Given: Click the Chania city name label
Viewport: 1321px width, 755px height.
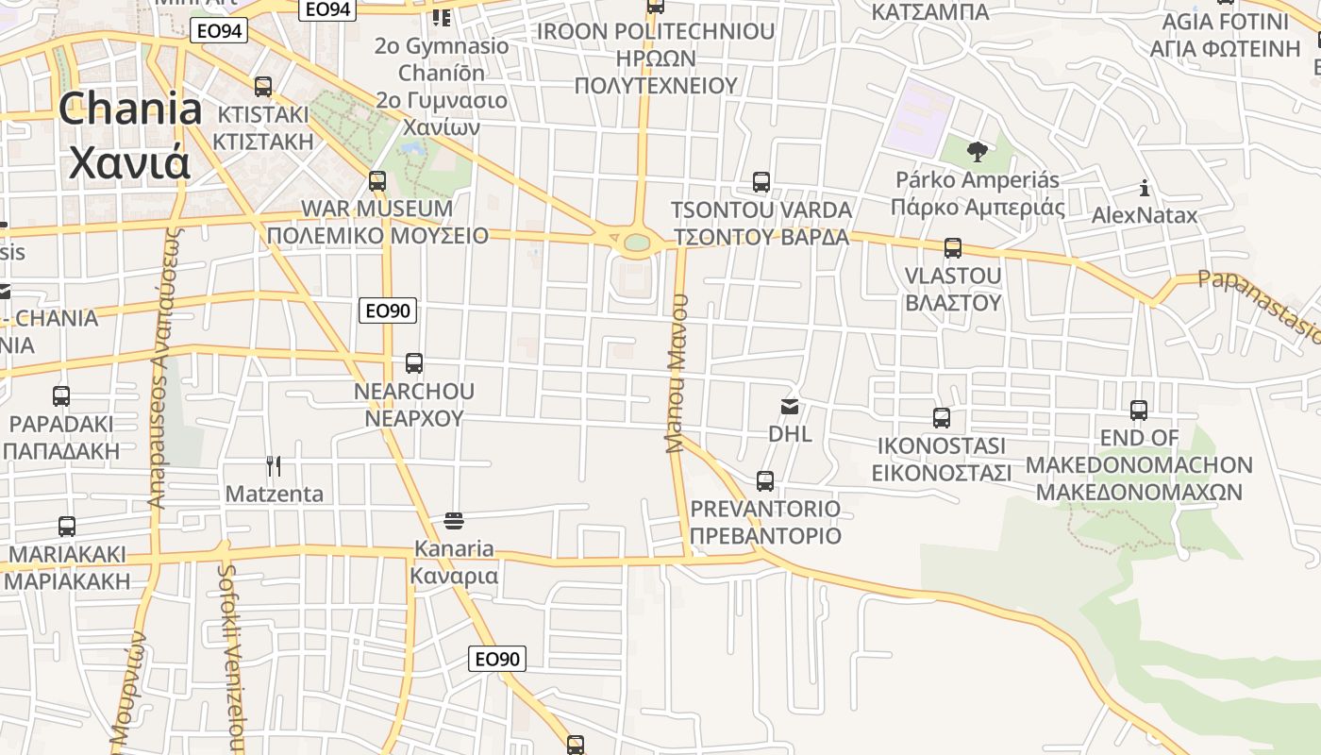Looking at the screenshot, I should [130, 136].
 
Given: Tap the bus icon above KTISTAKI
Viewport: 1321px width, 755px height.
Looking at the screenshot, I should [263, 87].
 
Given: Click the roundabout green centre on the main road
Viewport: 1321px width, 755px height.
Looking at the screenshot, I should [637, 243].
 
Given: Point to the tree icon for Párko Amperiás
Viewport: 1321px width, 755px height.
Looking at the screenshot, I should [978, 151].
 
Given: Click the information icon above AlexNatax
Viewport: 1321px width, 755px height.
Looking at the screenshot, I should [1145, 188].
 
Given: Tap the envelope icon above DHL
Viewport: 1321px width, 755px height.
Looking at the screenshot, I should [789, 407].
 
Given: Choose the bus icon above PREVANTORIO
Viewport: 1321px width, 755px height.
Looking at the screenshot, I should [765, 481].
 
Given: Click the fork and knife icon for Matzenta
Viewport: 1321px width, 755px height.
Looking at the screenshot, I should [274, 465].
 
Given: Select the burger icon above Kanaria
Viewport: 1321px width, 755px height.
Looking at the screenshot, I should [454, 520].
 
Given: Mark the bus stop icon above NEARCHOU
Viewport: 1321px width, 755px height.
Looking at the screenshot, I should [413, 363].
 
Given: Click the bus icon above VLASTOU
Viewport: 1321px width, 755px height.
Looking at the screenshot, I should [953, 248].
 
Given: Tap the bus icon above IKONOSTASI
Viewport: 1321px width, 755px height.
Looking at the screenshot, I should [941, 418].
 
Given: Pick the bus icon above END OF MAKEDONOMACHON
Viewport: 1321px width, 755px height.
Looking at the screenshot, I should [1139, 411].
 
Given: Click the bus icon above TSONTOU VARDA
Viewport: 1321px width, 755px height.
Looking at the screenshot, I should [761, 182].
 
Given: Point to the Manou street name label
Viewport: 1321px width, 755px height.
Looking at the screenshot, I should [677, 373].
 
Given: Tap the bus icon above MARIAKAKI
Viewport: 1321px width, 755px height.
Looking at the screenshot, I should [66, 527].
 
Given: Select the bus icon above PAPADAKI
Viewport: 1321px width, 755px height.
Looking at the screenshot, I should [61, 396].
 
